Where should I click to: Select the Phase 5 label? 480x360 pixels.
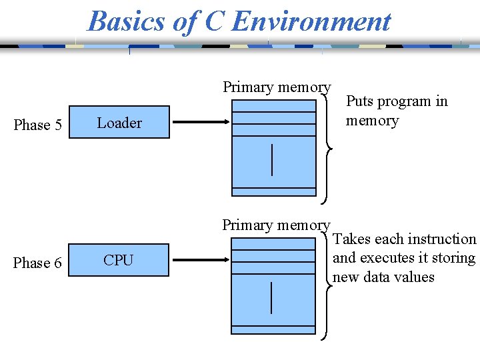[x=37, y=125]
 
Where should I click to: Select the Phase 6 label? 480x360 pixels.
[x=37, y=263]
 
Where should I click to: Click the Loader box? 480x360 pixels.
[x=119, y=123]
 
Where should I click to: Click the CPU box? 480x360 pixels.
[x=119, y=261]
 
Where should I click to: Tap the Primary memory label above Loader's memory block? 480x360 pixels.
[x=276, y=87]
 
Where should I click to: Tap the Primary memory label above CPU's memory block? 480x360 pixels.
[x=276, y=225]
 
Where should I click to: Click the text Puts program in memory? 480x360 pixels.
[x=396, y=111]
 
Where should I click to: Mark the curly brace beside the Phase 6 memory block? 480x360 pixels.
[x=325, y=287]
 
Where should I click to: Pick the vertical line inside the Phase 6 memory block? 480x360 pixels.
[x=272, y=297]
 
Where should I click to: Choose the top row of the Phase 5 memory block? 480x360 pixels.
[x=273, y=106]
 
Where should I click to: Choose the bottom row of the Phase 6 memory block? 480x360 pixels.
[x=273, y=329]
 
